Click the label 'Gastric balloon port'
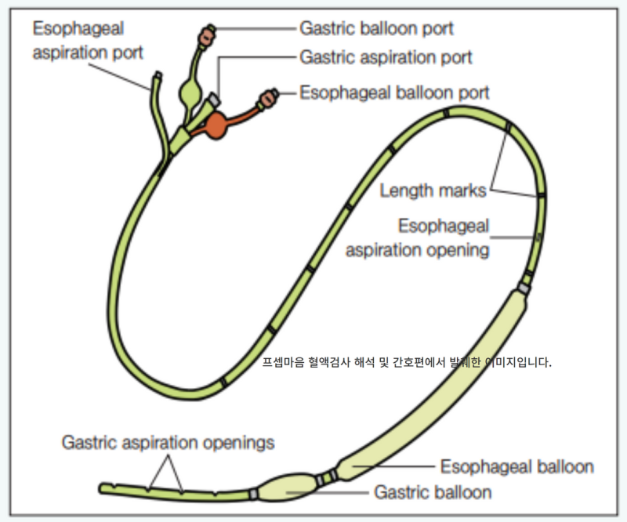point(376,28)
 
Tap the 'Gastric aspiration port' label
point(386,58)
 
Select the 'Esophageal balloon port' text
point(394,92)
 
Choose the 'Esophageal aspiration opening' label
point(418,238)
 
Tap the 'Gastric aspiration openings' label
point(168,442)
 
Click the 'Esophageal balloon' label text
point(516,466)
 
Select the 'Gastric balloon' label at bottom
point(433,492)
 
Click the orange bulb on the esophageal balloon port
point(216,124)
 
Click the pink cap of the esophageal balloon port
point(268,97)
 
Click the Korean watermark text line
point(408,363)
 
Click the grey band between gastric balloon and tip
point(252,494)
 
